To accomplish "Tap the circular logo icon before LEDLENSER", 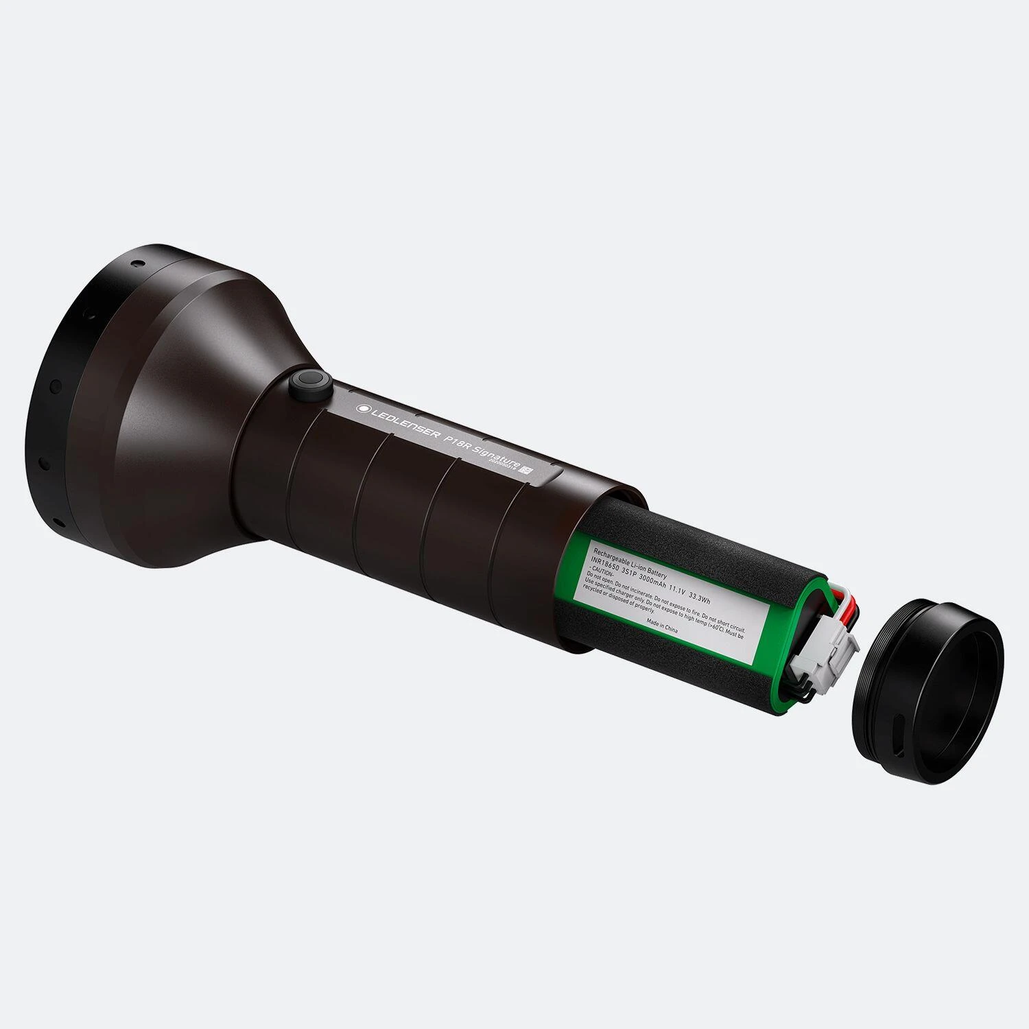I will click(361, 408).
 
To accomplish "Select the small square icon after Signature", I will click(527, 471).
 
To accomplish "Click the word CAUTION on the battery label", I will click(602, 571).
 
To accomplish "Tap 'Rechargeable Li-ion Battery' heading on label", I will click(627, 556).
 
